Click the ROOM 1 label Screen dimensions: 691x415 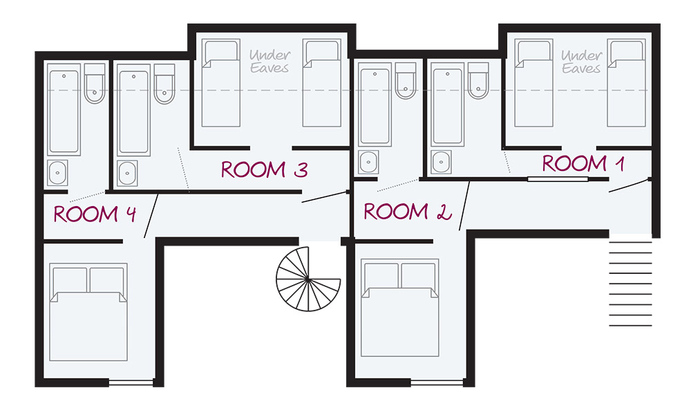click(x=583, y=163)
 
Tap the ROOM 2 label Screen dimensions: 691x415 click(x=408, y=211)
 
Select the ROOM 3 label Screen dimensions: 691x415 click(x=265, y=169)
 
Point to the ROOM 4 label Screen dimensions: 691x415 click(x=95, y=214)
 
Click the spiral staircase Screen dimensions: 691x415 click(x=308, y=279)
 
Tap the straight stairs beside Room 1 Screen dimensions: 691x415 click(x=630, y=284)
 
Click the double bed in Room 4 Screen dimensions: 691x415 click(x=88, y=312)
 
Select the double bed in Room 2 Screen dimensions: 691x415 click(x=399, y=307)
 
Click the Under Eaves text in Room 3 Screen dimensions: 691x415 click(x=269, y=62)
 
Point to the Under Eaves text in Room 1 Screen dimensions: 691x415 click(x=581, y=62)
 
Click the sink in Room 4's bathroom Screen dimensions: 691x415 click(x=58, y=172)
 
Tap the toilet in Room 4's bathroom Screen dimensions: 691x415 click(x=95, y=84)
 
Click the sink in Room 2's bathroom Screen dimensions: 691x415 click(x=368, y=162)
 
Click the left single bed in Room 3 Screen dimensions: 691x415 click(x=221, y=83)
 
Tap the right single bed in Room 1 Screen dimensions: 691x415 click(x=626, y=83)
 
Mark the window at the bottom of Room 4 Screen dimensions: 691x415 click(x=131, y=382)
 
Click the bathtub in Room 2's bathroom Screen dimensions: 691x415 click(x=375, y=104)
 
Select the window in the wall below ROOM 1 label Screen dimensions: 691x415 click(x=558, y=179)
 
